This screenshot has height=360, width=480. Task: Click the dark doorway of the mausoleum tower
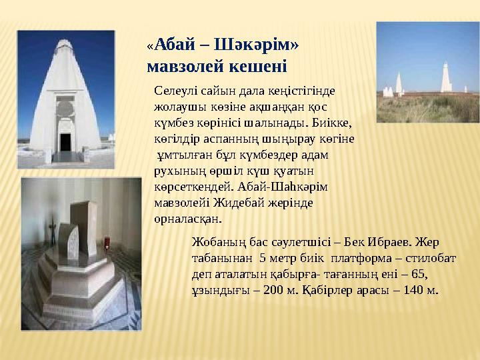click(65, 142)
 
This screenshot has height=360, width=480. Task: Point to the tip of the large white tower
click(65, 43)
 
